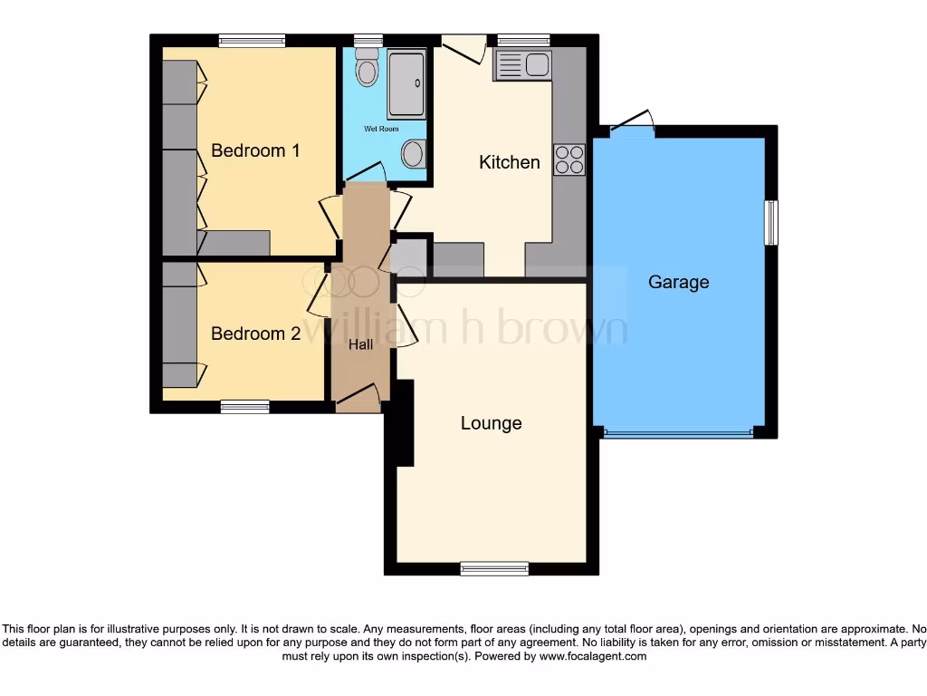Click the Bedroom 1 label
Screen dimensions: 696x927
click(254, 150)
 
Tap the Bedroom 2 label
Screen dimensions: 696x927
click(254, 333)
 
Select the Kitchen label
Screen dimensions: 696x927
click(509, 162)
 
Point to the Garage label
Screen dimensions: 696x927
click(678, 282)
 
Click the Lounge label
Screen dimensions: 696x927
click(491, 423)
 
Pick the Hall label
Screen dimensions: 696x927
click(360, 344)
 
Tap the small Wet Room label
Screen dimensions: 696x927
click(381, 130)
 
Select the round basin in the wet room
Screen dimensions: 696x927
click(413, 155)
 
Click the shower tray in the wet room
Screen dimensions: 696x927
click(406, 84)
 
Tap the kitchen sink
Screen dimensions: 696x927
click(522, 65)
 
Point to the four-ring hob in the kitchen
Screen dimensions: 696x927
click(570, 159)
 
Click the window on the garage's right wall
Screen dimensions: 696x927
click(770, 222)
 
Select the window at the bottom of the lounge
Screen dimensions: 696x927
click(493, 569)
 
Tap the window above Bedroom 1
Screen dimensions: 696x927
click(252, 40)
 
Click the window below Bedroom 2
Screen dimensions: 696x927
click(244, 407)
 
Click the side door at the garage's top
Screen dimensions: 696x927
click(634, 124)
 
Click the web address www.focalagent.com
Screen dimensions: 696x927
click(592, 656)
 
